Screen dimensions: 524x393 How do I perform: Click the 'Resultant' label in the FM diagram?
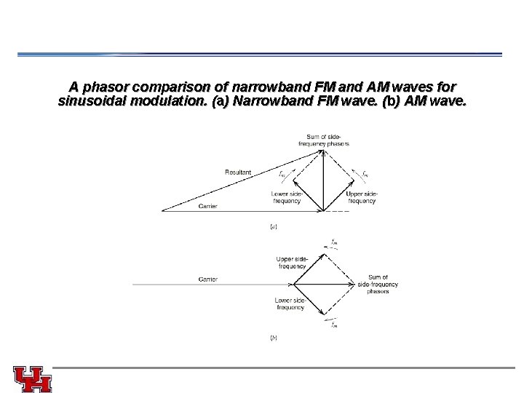pos(238,172)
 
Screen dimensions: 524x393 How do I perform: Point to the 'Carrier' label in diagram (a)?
pos(207,207)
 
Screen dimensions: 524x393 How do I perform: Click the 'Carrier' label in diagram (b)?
pos(207,279)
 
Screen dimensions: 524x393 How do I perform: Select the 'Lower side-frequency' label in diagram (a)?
pos(286,197)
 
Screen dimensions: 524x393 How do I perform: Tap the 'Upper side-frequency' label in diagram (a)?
pos(361,197)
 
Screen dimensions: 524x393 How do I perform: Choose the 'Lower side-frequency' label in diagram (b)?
pos(290,303)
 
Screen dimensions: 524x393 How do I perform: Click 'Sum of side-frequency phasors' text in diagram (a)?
pos(325,140)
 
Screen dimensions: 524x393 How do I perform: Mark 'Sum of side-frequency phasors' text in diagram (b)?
pos(378,284)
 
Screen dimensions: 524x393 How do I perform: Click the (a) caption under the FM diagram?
pos(273,226)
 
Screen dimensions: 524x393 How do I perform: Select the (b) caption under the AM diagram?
pos(273,337)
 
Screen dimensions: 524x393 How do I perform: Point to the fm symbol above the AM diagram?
pos(333,242)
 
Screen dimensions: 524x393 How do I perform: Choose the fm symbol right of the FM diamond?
pos(365,173)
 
